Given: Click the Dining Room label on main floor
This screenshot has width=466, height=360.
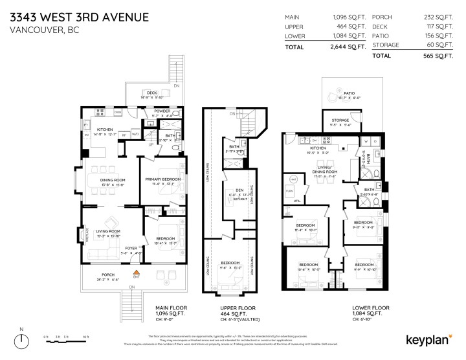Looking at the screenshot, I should (x=113, y=180).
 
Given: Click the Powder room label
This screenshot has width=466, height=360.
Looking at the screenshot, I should (x=162, y=111).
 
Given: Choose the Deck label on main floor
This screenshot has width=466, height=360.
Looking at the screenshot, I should (x=151, y=93).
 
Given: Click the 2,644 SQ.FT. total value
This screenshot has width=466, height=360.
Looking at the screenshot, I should (x=349, y=47).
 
